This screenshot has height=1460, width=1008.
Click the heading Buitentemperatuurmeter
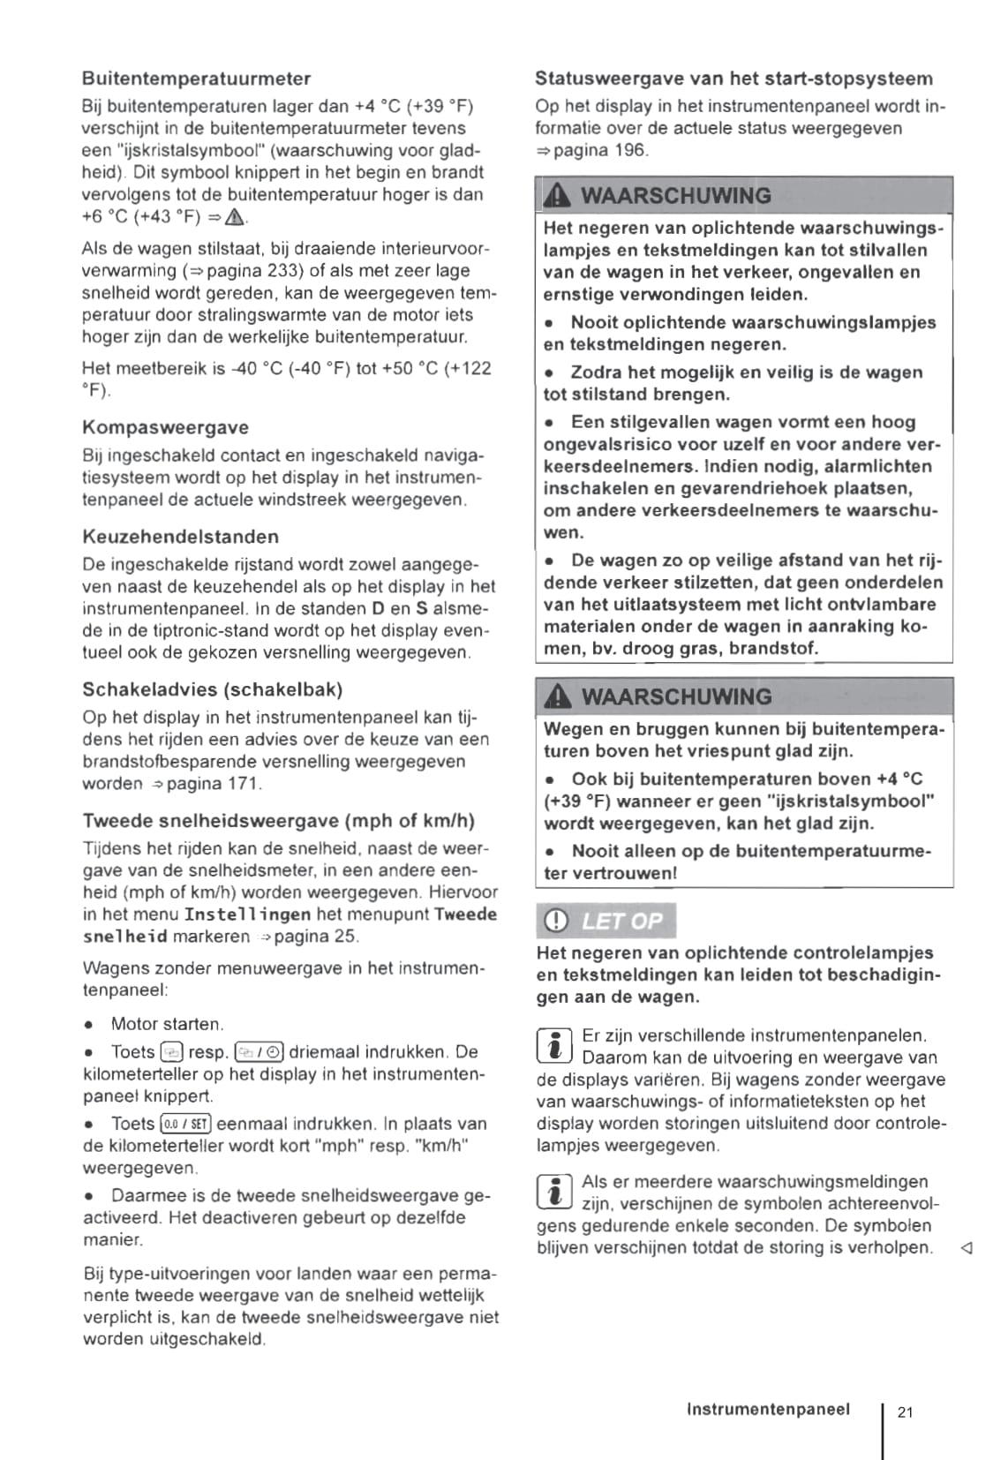pyautogui.click(x=196, y=79)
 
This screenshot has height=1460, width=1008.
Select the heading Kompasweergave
pyautogui.click(x=165, y=427)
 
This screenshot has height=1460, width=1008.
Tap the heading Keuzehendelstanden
pyautogui.click(x=180, y=537)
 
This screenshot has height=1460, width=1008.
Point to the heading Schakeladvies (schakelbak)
pyautogui.click(x=213, y=689)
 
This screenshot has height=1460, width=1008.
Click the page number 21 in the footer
pyautogui.click(x=906, y=1412)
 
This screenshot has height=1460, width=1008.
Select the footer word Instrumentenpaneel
pyautogui.click(x=768, y=1410)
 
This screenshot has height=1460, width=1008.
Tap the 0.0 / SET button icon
pyautogui.click(x=185, y=1125)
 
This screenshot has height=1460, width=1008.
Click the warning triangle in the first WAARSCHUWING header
pyautogui.click(x=559, y=196)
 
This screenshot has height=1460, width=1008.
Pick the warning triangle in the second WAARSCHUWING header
pyautogui.click(x=559, y=697)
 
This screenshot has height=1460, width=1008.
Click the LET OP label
pyautogui.click(x=621, y=922)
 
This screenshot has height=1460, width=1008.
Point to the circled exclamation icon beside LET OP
pyautogui.click(x=556, y=922)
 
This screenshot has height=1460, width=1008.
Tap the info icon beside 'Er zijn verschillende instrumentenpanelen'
pyautogui.click(x=554, y=1045)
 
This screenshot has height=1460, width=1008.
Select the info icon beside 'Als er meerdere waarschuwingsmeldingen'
pyautogui.click(x=554, y=1192)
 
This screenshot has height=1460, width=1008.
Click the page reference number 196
pyautogui.click(x=630, y=150)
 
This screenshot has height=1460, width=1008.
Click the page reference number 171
pyautogui.click(x=244, y=784)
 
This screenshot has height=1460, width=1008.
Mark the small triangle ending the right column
pyautogui.click(x=966, y=1248)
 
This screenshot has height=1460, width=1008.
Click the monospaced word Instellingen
pyautogui.click(x=247, y=915)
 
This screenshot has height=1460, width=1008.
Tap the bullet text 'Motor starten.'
pyautogui.click(x=168, y=1025)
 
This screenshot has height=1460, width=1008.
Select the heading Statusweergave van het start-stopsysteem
pyautogui.click(x=733, y=79)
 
